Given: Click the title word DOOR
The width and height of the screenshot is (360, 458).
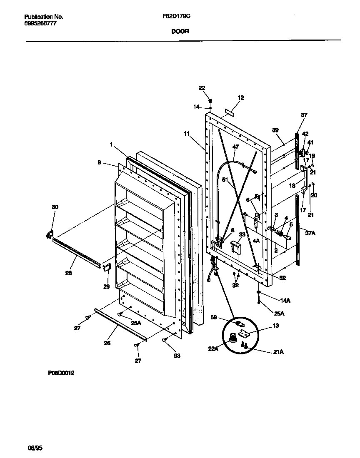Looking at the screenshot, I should click(180, 31).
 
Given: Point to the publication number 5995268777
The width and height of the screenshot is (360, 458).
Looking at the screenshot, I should click(40, 24).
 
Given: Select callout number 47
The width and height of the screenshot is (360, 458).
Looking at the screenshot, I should click(235, 147).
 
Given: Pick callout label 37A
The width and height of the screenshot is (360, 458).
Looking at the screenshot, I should click(310, 233).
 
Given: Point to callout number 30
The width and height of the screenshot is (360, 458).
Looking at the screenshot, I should click(55, 207).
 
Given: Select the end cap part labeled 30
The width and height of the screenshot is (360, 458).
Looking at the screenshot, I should click(49, 235).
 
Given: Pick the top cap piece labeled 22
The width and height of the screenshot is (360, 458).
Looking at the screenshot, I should click(211, 101).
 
